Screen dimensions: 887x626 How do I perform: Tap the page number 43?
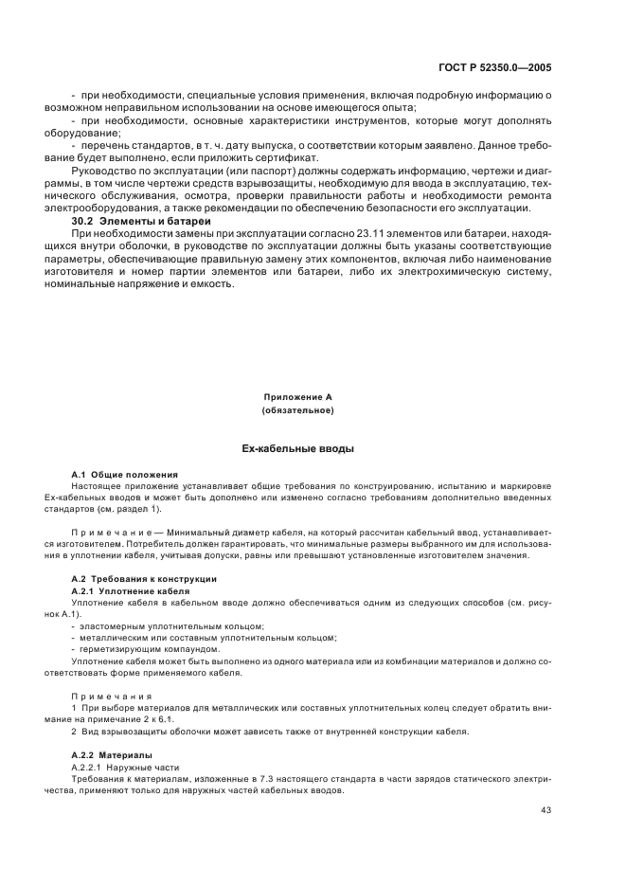coord(546,809)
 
